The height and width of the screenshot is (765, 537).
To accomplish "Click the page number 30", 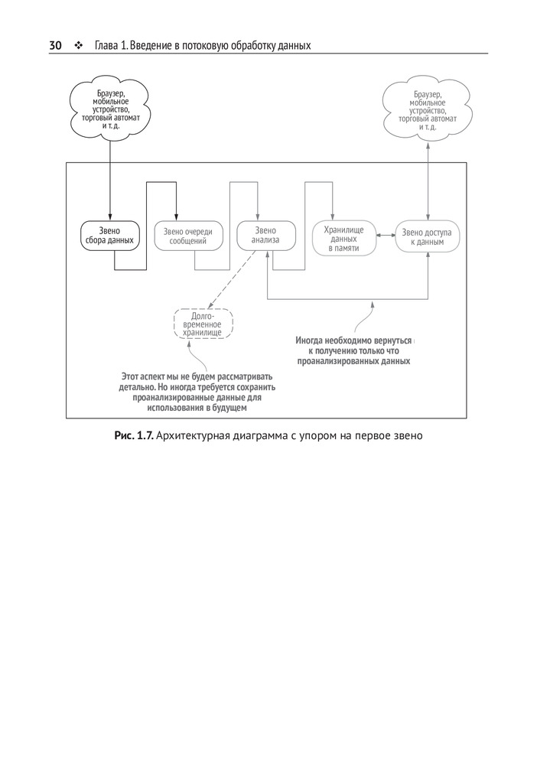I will coord(55,46).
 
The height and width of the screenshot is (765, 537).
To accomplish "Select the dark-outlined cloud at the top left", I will coord(109,110).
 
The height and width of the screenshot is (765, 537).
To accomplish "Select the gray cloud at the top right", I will coord(428,110).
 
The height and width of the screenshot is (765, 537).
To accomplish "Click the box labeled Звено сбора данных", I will coord(109,235).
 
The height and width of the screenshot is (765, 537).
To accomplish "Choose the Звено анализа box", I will coord(265,235).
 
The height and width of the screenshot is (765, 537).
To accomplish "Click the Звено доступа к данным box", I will coord(428,235).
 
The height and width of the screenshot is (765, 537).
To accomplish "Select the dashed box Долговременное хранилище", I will coord(203,324).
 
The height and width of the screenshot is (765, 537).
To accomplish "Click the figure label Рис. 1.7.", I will coord(134,436).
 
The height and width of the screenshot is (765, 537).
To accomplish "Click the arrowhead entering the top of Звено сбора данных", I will coord(109,216).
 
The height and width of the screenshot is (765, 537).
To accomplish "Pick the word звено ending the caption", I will coord(405,436).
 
